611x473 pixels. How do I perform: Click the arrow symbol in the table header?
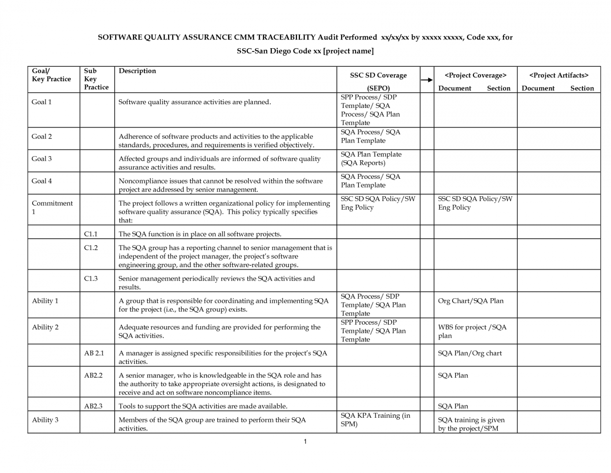(427, 80)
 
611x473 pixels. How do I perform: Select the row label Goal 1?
(42, 102)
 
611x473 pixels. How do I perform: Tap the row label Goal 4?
(42, 181)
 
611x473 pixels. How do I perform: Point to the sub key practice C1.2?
(91, 248)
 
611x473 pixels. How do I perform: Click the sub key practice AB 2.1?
(94, 353)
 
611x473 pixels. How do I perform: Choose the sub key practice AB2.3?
(93, 406)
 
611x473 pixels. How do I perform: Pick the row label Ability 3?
(45, 420)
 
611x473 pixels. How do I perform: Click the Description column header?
(137, 71)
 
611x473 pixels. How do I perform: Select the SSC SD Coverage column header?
(378, 75)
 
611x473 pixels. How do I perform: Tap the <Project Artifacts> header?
(559, 75)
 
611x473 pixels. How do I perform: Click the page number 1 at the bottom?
(305, 442)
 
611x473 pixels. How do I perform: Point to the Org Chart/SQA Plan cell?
(471, 301)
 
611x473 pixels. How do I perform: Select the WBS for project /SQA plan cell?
(472, 331)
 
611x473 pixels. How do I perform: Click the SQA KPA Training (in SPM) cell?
(375, 419)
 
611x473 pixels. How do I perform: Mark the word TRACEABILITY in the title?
(286, 37)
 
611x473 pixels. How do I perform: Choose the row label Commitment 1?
(52, 207)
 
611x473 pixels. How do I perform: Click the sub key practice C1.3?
(91, 279)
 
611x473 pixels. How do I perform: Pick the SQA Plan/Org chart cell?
(470, 353)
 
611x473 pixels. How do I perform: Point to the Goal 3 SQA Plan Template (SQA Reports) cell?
(371, 159)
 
